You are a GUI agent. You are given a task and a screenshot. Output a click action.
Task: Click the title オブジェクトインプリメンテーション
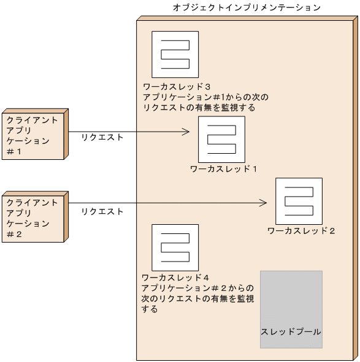(x=247, y=7)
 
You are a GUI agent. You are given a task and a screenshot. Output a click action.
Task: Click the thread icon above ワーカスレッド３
(x=175, y=55)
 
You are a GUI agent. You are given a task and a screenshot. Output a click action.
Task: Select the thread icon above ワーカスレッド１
(x=221, y=139)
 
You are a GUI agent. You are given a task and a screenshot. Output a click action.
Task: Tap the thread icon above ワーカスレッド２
(x=299, y=201)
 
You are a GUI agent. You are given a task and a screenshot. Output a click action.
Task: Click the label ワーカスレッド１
(x=223, y=168)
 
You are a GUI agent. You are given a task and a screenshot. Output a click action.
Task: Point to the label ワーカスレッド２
(x=301, y=231)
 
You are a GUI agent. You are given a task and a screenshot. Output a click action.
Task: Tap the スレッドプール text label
(x=291, y=332)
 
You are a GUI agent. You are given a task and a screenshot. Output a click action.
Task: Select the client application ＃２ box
(x=33, y=217)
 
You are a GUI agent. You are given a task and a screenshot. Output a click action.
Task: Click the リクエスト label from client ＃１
(x=102, y=138)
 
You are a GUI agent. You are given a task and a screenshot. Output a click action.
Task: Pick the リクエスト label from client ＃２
(x=102, y=212)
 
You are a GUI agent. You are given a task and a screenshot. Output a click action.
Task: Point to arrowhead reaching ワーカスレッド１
(x=185, y=131)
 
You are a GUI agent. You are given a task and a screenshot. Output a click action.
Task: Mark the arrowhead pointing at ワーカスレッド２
(x=263, y=203)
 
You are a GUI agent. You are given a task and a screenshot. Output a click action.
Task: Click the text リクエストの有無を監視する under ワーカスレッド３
(x=199, y=108)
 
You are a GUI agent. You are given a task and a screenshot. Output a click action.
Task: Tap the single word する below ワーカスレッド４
(x=150, y=309)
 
